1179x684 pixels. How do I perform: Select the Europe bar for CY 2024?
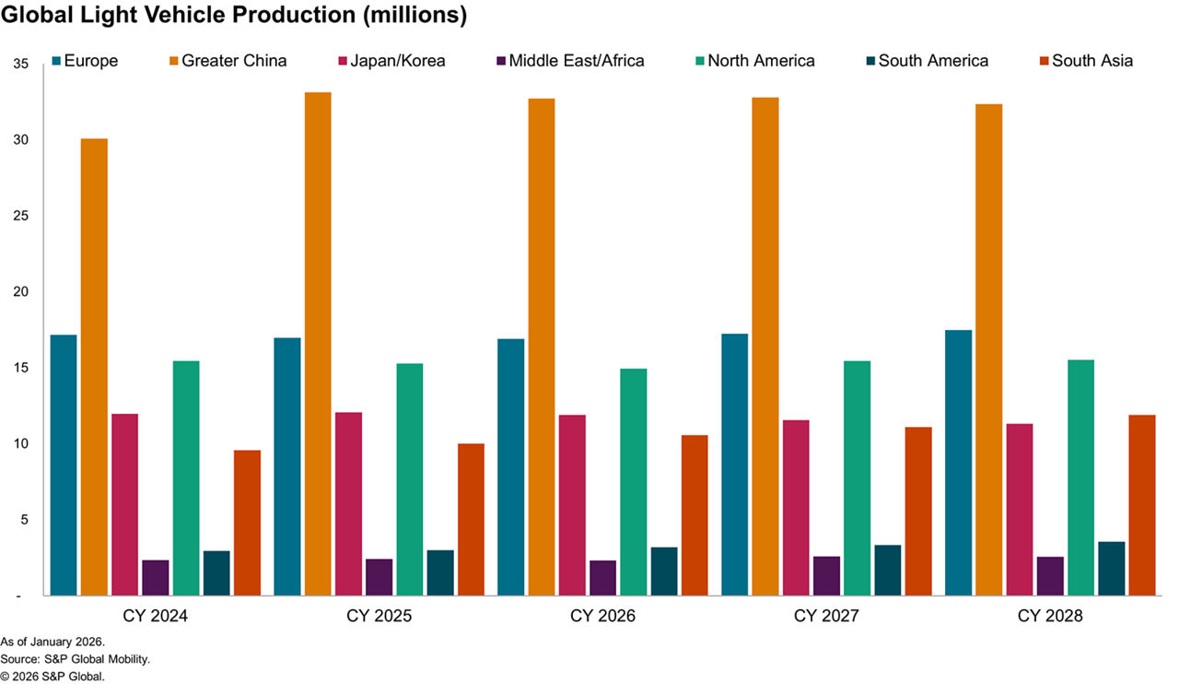[x=64, y=465]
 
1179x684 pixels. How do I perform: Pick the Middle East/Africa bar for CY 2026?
[x=603, y=577]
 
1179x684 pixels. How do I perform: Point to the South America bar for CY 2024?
[x=216, y=572]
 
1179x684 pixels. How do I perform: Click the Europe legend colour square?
[x=56, y=62]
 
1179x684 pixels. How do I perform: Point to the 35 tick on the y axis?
[x=21, y=64]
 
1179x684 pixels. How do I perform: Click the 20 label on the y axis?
[x=21, y=292]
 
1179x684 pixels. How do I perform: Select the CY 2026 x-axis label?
[x=602, y=615]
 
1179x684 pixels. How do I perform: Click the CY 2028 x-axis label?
[x=1050, y=615]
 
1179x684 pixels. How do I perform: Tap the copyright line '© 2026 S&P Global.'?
[x=53, y=677]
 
